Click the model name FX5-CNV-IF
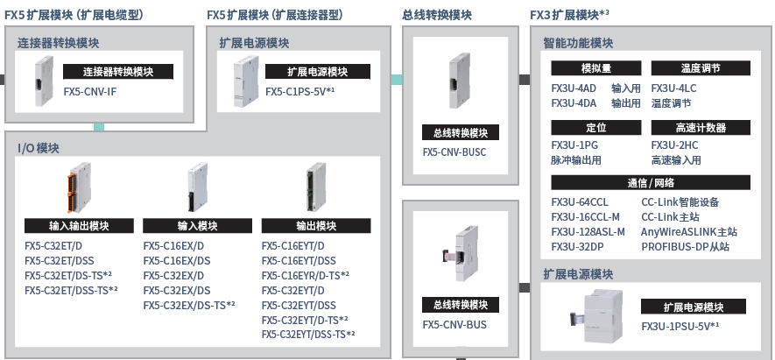point(90,91)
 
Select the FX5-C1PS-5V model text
point(300,91)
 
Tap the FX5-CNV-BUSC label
point(454,152)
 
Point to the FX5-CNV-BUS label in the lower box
point(454,324)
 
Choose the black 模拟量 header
point(596,67)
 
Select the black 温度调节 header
point(700,67)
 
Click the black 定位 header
point(596,127)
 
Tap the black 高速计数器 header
point(700,127)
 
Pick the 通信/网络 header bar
point(652,182)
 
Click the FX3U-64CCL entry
point(580,202)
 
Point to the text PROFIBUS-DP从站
point(686,247)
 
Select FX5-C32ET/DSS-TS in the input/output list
point(71,290)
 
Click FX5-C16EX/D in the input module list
point(173,246)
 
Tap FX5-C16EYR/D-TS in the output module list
point(306,276)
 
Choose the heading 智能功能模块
point(578,43)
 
